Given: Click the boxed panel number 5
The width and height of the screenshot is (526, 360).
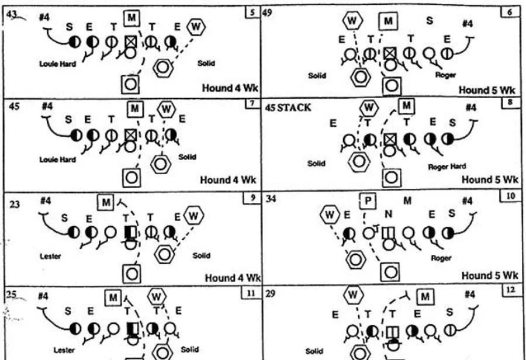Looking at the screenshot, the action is coord(252,12).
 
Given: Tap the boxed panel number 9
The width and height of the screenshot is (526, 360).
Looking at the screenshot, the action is coord(251,198).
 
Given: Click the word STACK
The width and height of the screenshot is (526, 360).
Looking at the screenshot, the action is coord(298,108).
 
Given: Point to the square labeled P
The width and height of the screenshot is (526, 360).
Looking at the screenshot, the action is coord(368,200).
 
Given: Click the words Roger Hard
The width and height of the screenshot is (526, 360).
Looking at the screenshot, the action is coord(447,167).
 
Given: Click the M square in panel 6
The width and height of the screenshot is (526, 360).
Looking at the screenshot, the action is coord(387,22).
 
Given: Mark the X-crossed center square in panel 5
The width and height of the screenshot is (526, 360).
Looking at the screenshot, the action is coord(131,41).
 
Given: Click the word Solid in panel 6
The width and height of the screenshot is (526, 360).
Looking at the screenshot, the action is coord(317,75).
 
